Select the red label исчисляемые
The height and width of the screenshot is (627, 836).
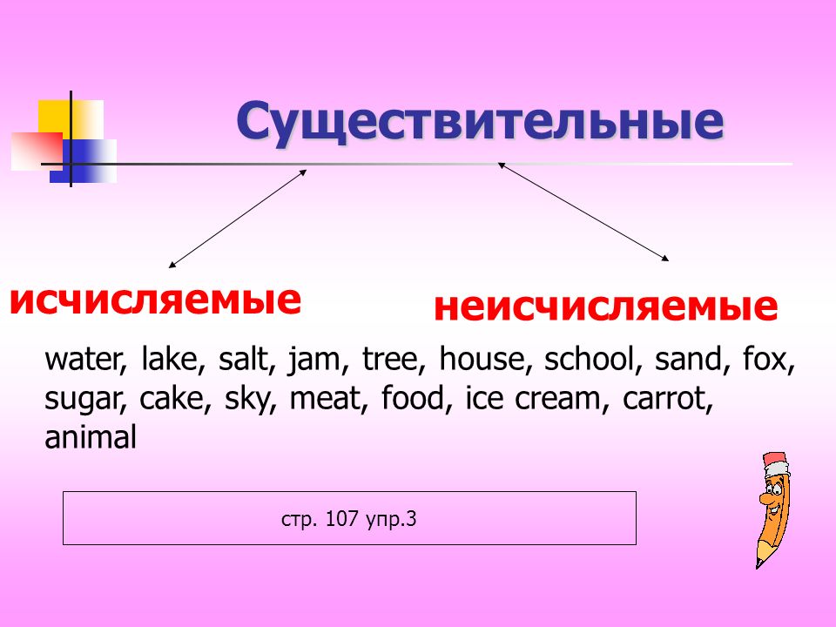coord(155,300)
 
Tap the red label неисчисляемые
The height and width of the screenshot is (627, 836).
coord(606,307)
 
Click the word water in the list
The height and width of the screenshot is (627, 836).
coord(84,359)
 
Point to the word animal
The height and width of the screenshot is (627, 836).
coord(91,437)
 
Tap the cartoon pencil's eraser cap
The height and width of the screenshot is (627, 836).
coord(775,462)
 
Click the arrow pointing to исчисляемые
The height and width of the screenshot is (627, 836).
coord(238,219)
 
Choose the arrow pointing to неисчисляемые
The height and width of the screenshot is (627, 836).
coord(583,212)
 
